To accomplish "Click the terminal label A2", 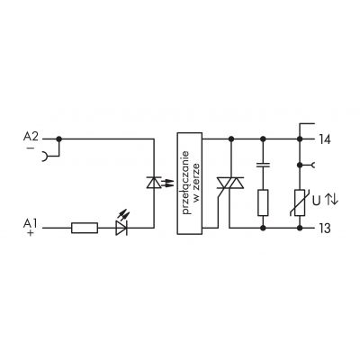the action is pyautogui.click(x=31, y=137).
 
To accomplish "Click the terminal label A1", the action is pyautogui.click(x=30, y=223).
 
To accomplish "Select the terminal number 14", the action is pyautogui.click(x=324, y=139).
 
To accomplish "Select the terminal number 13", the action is pyautogui.click(x=324, y=229).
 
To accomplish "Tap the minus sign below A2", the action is pyautogui.click(x=31, y=148).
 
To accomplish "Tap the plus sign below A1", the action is pyautogui.click(x=31, y=233).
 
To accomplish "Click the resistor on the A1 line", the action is pyautogui.click(x=85, y=228).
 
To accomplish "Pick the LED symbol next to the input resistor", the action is pyautogui.click(x=122, y=223).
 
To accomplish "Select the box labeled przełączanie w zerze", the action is pyautogui.click(x=190, y=184).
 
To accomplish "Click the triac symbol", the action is pyautogui.click(x=230, y=183).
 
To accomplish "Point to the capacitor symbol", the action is pyautogui.click(x=263, y=165).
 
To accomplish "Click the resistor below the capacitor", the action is pyautogui.click(x=263, y=202).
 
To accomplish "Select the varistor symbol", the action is pyautogui.click(x=299, y=202).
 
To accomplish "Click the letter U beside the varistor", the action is pyautogui.click(x=316, y=201).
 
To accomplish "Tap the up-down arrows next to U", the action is pyautogui.click(x=331, y=199).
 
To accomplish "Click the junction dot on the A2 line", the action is pyautogui.click(x=59, y=139).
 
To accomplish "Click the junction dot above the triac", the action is pyautogui.click(x=231, y=139).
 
